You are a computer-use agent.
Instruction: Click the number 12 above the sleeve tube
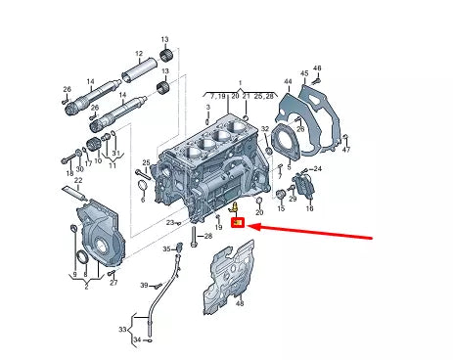[x=138, y=55]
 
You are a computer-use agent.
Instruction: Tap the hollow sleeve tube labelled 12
[x=141, y=74]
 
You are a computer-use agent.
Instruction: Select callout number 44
[x=288, y=82]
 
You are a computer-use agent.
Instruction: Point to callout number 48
[x=239, y=304]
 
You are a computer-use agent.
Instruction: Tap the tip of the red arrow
[x=251, y=226]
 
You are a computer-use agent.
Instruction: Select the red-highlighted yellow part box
[x=238, y=222]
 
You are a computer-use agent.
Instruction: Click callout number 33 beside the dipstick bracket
[x=124, y=330]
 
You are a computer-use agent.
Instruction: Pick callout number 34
[x=138, y=339]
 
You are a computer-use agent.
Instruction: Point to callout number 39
[x=143, y=285]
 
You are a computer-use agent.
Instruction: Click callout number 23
[x=169, y=223]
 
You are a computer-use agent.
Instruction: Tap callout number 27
[x=113, y=284]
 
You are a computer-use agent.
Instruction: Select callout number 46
[x=318, y=67]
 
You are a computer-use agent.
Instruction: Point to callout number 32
[x=265, y=128]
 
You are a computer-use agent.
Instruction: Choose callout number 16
[x=309, y=209]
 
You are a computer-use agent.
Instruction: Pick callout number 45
[x=304, y=73]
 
